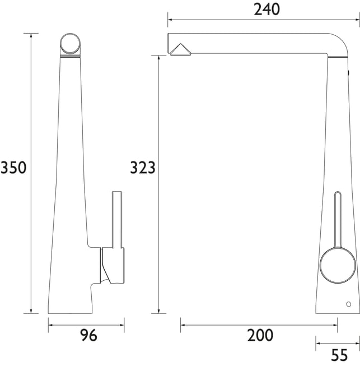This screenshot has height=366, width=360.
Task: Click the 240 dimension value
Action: pos(267,10)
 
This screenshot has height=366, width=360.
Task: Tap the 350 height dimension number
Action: pos(13,168)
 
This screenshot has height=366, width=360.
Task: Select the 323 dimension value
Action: pos(142,168)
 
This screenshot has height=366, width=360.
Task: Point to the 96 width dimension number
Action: pos(88,335)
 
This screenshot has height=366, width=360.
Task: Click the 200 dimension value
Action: pos(260,335)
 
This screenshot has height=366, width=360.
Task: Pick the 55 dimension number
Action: pos(339,355)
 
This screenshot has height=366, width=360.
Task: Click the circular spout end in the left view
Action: pos(70,44)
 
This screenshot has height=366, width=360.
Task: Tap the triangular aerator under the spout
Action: pos(180,49)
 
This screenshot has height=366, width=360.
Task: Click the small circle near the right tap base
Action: pos(349,304)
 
